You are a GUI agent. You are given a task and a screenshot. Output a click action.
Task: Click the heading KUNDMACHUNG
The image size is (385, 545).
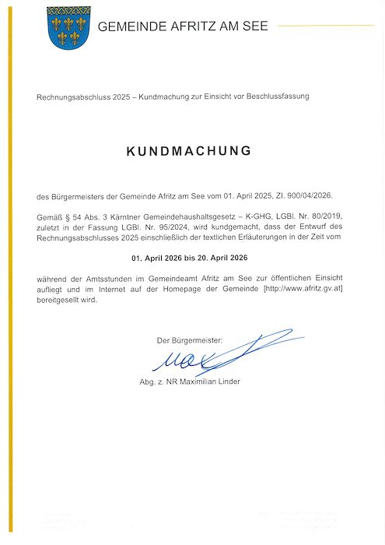[189, 150]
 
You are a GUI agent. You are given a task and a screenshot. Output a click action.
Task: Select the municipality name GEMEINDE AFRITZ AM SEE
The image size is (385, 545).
[182, 26]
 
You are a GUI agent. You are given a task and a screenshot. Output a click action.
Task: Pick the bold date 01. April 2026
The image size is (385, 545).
[160, 256]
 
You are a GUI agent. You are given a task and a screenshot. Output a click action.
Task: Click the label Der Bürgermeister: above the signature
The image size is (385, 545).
[189, 340]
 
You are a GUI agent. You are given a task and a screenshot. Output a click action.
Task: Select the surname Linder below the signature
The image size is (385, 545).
[226, 381]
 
